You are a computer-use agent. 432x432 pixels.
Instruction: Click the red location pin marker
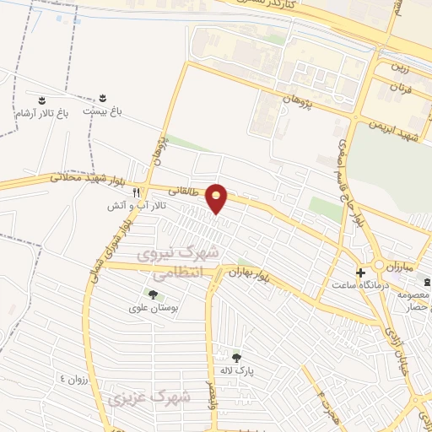pos(218,198)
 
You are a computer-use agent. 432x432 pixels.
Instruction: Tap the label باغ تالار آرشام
pos(40,111)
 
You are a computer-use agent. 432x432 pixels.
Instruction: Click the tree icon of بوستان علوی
pos(153,294)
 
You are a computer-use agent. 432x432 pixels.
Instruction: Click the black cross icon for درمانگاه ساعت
pos(361,273)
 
